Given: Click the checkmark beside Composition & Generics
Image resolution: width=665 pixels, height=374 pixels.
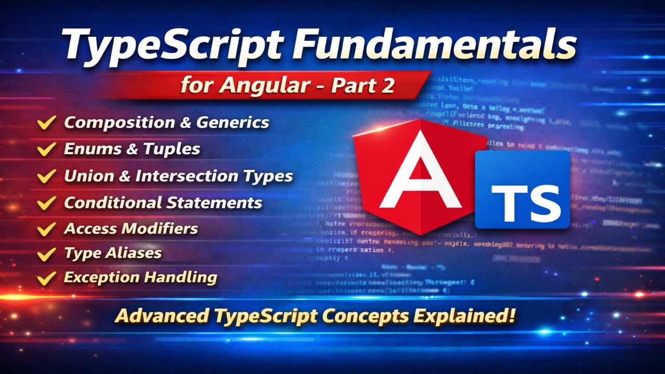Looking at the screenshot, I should pos(47,123).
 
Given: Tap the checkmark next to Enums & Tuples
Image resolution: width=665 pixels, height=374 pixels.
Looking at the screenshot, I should pos(47,150).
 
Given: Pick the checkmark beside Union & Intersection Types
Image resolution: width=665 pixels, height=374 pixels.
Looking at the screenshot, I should pos(47,177).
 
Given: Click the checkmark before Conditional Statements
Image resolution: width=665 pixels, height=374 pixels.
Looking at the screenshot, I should pos(47,203).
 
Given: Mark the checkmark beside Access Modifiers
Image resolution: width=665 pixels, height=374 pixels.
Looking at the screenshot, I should pos(47,229).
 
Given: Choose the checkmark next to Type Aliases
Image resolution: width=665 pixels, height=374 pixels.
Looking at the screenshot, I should pos(47,254).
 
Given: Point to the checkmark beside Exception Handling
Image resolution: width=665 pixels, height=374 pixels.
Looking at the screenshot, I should pos(47,278).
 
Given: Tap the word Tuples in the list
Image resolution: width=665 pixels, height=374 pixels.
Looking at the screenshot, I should pos(172,149).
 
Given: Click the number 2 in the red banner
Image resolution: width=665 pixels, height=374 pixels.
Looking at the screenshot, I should pos(387,85).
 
